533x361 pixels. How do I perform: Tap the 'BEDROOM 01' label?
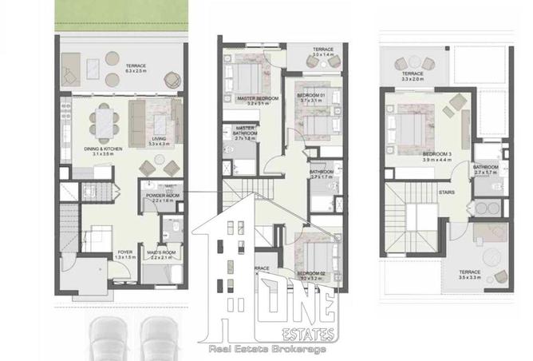(x=312, y=95)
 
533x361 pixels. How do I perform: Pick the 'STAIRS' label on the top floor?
(x=448, y=192)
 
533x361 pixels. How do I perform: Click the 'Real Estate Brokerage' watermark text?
(x=266, y=349)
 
